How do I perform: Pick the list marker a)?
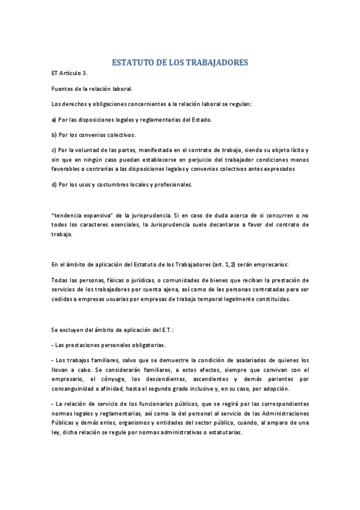(x=54, y=120)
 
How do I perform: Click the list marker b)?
(x=54, y=135)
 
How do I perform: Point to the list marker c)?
(x=54, y=150)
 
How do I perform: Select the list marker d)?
(x=54, y=185)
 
